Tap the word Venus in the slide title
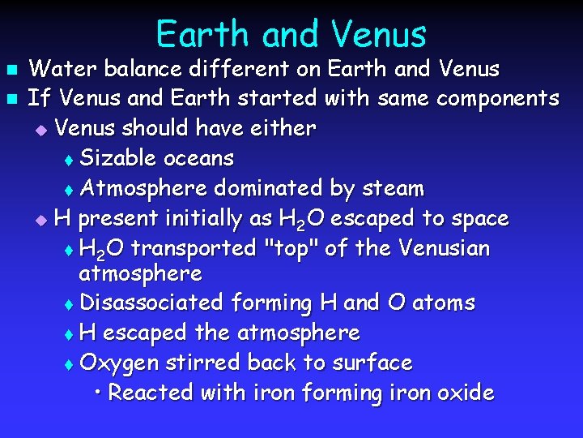coord(378,35)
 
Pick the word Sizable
coord(120,158)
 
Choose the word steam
coord(392,188)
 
